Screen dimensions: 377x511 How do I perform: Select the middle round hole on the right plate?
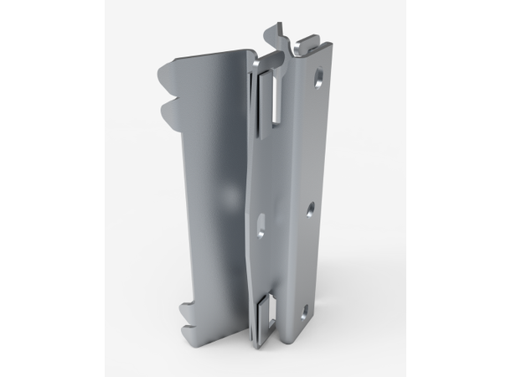click(x=310, y=207)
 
